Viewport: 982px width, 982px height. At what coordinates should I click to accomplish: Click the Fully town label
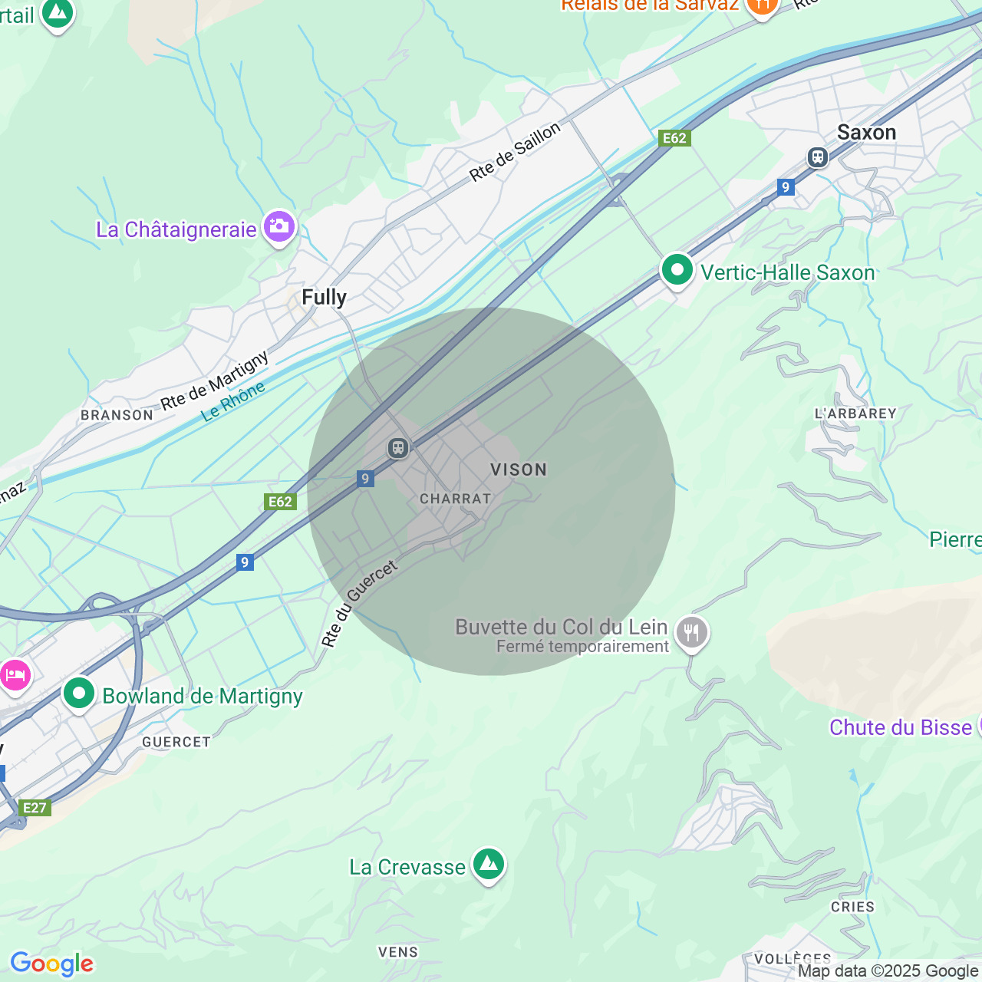[x=324, y=297]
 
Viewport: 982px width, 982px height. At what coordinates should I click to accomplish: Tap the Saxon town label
[x=866, y=133]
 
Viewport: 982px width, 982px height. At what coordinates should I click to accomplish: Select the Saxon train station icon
[x=818, y=157]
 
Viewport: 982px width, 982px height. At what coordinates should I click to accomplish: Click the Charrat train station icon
[x=397, y=448]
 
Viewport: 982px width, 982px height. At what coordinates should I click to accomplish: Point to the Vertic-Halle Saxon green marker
[x=677, y=270]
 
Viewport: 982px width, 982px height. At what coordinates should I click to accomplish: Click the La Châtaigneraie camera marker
[x=279, y=227]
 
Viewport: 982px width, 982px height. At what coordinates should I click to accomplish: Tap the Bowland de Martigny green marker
[x=78, y=694]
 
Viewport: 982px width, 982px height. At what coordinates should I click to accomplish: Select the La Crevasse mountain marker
[x=489, y=865]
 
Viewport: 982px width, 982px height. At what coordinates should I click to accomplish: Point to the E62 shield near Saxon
[x=674, y=138]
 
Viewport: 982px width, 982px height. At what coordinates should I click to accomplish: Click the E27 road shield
[x=35, y=808]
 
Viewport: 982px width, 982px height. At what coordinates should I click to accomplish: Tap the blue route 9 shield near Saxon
[x=785, y=187]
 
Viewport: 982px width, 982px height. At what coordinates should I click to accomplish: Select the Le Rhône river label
[x=233, y=401]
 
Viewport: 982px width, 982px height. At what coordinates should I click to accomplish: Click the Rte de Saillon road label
[x=515, y=153]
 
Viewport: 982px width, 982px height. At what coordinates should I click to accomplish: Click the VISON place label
[x=519, y=470]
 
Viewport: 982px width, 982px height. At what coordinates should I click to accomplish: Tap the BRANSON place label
[x=117, y=415]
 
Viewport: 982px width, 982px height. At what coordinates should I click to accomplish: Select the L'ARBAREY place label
[x=855, y=414]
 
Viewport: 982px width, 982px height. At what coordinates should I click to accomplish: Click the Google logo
[x=51, y=964]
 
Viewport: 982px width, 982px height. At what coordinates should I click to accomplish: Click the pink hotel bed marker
[x=15, y=676]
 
